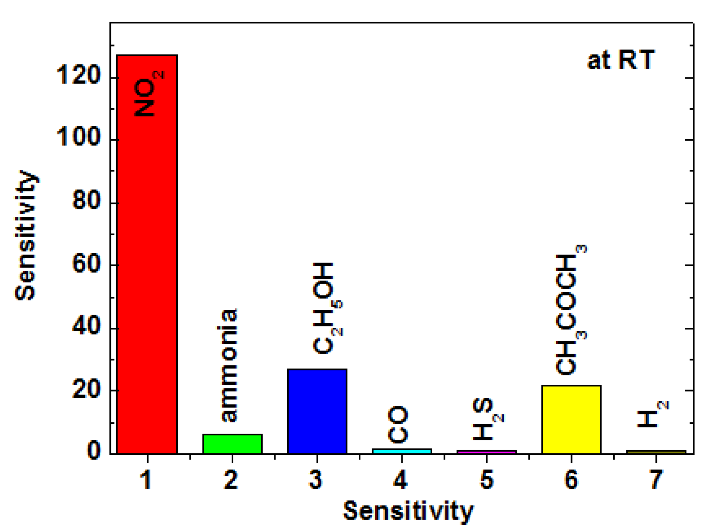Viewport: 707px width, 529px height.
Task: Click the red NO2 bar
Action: pyautogui.click(x=147, y=273)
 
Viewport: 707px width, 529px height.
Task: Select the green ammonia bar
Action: pyautogui.click(x=232, y=444)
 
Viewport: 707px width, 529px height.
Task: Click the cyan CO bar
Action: pyautogui.click(x=402, y=451)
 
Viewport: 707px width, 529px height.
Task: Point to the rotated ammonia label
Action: pyautogui.click(x=229, y=365)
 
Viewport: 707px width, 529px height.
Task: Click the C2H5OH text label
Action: pyautogui.click(x=326, y=309)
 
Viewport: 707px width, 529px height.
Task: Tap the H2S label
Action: pyautogui.click(x=487, y=419)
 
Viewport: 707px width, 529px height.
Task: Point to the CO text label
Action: pyautogui.click(x=398, y=424)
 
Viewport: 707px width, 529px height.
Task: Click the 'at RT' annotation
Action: pyautogui.click(x=620, y=61)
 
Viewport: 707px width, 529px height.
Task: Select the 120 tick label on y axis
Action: pyautogui.click(x=78, y=75)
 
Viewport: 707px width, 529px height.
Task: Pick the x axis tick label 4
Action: pyautogui.click(x=401, y=479)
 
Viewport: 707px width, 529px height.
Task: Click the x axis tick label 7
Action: pyautogui.click(x=656, y=479)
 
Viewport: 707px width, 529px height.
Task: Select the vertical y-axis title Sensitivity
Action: pyautogui.click(x=26, y=234)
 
